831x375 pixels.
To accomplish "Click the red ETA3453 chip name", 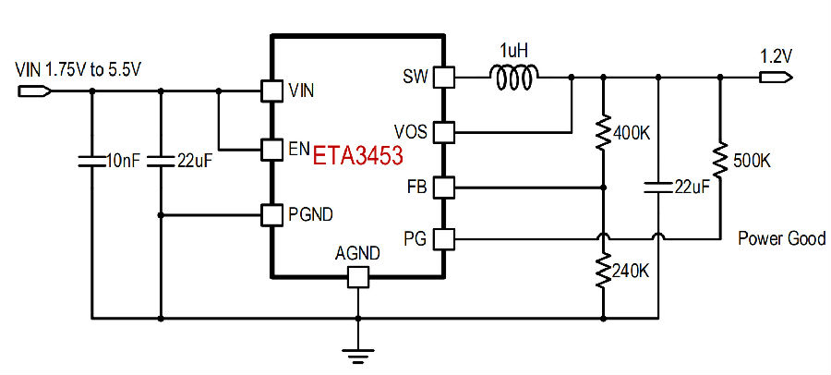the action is tap(357, 156).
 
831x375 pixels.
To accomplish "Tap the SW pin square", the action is tap(444, 78).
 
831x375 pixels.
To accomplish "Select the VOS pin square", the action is tap(444, 132).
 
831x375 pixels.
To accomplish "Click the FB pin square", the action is tap(444, 187).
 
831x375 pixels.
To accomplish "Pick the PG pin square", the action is tap(444, 239).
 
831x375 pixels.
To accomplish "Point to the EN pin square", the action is tap(271, 149).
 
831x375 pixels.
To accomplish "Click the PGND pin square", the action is tap(271, 215).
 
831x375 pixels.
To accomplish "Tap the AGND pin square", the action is tap(357, 277).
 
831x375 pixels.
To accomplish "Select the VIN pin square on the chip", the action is tap(271, 91).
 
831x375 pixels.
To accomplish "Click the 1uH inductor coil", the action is tap(514, 77).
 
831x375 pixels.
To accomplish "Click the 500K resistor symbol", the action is tap(719, 160).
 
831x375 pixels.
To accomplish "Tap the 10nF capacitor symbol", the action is tap(92, 162).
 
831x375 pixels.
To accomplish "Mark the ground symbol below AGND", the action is tap(357, 356).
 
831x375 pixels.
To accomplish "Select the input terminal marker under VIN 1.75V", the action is tap(34, 91).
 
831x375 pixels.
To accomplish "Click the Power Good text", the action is tap(782, 238).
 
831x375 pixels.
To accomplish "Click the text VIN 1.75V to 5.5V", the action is tap(78, 69).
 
